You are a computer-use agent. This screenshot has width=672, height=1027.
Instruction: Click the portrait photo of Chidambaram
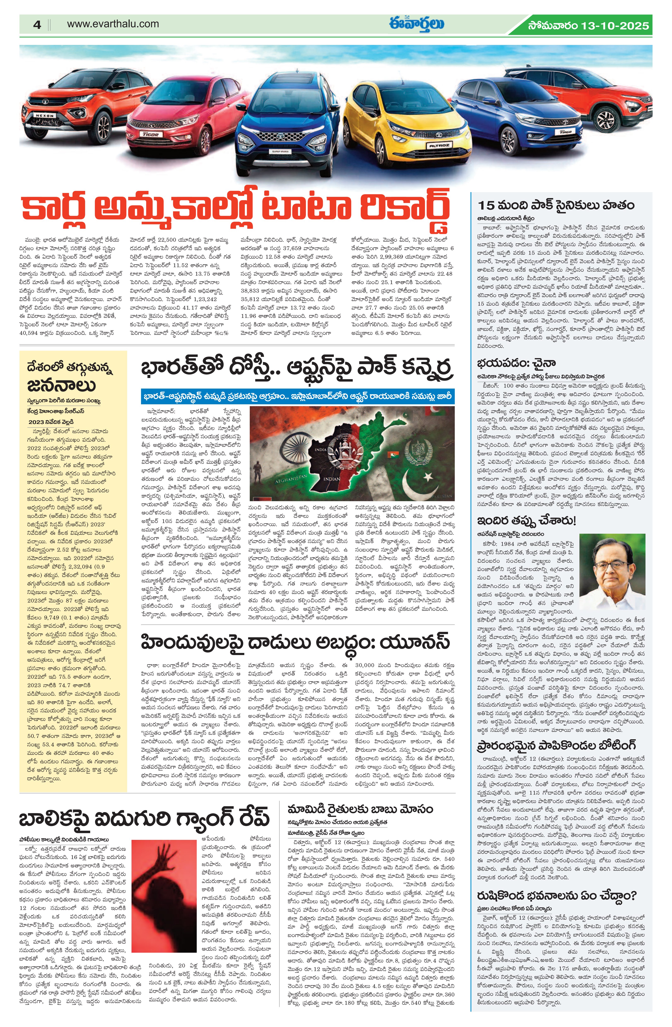point(612,571)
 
